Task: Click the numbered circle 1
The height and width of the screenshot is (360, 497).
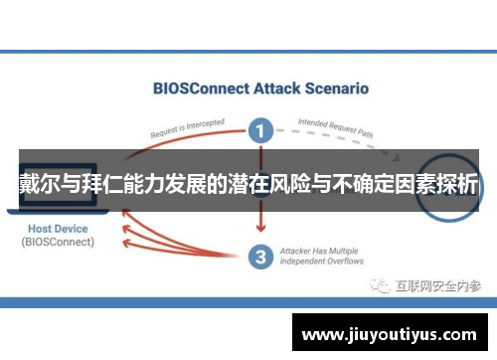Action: coord(259,130)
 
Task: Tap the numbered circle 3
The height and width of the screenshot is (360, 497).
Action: coord(259,257)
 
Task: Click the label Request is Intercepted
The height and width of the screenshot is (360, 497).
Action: coord(188,127)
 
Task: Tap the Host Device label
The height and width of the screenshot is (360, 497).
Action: coord(58,229)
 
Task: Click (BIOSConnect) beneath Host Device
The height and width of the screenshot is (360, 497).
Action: coord(58,242)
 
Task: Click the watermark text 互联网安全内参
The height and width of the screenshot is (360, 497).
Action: coord(438,286)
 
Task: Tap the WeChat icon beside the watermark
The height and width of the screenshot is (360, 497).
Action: coord(382,286)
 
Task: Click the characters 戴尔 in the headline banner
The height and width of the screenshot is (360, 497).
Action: coord(39,185)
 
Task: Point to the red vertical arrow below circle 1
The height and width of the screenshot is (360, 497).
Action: coord(259,214)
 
